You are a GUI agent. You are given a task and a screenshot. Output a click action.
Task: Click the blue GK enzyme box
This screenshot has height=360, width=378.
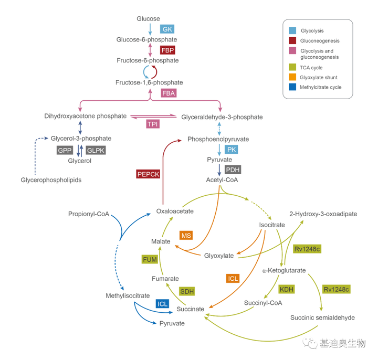tap(167, 29)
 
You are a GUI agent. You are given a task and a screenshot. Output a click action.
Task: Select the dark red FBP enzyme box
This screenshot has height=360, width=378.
tap(168, 50)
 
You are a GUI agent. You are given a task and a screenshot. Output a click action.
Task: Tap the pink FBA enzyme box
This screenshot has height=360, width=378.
tap(168, 93)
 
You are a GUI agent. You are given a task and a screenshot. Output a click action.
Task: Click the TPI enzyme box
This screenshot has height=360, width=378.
tap(153, 124)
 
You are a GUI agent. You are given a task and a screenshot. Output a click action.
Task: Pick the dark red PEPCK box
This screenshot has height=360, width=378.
tap(148, 174)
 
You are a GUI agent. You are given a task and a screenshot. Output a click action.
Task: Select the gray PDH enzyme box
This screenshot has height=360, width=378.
tap(232, 169)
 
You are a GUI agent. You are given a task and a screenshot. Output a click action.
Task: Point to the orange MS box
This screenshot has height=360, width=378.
tap(186, 236)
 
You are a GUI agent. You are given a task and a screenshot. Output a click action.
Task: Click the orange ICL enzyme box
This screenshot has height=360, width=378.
tap(233, 278)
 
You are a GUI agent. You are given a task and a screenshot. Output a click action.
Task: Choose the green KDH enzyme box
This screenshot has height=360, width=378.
tap(286, 289)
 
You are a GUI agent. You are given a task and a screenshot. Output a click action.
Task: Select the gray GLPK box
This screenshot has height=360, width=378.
tap(96, 150)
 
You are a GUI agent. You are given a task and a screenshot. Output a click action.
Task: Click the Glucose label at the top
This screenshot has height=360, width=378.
tap(148, 19)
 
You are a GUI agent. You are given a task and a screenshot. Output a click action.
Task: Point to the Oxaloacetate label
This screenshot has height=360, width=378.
tap(175, 211)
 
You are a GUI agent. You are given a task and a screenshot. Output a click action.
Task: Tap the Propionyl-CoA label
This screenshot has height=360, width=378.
tap(88, 214)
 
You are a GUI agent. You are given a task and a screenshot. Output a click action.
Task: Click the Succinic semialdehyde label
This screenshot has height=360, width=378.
tap(322, 317)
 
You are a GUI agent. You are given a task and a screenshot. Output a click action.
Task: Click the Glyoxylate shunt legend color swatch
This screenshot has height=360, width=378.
tap(291, 77)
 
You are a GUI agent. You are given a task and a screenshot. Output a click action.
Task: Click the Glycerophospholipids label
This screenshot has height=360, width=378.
tap(51, 180)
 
